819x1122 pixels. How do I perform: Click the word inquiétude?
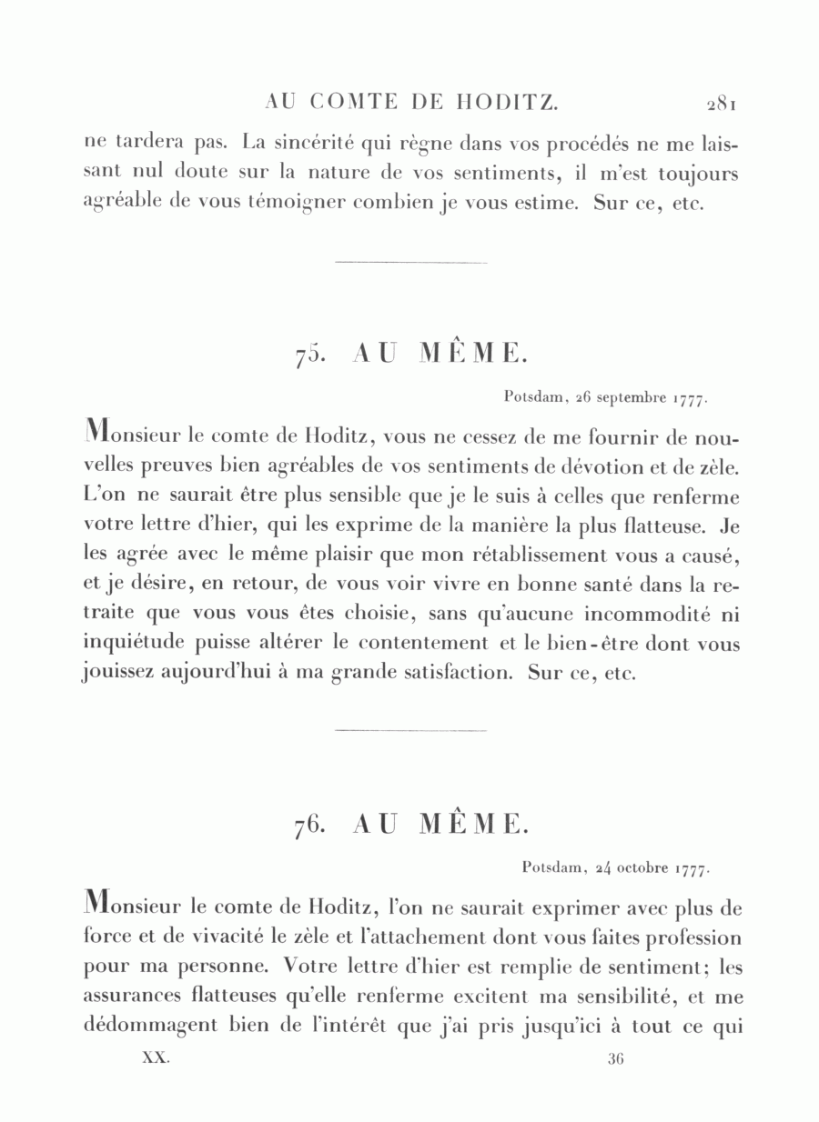coord(133,643)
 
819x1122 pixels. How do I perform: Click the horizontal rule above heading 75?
coord(411,263)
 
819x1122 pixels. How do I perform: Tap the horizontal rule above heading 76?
coord(411,730)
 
